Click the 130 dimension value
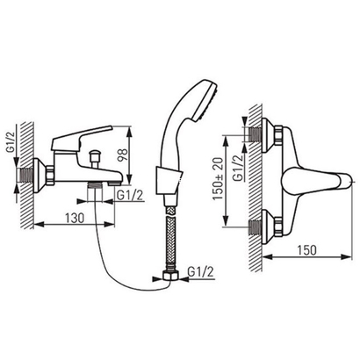tap(75, 218)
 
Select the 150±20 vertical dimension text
tap(218, 179)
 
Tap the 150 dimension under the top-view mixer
tap(307, 250)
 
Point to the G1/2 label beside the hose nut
tap(201, 271)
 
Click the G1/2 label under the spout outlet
tap(130, 195)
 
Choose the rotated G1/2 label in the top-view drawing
tap(238, 169)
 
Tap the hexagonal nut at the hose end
tap(171, 276)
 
